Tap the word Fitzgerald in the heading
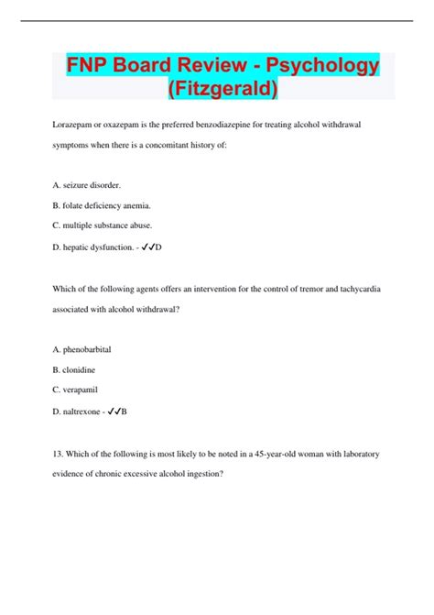click(224, 90)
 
